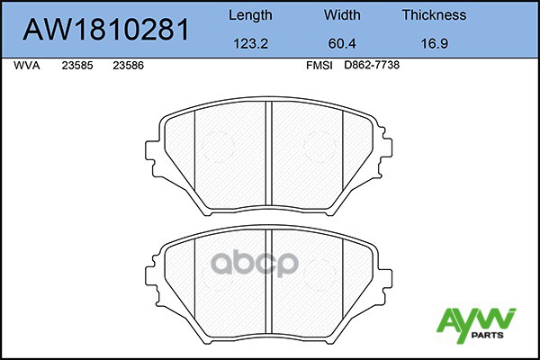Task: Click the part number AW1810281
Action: (x=106, y=30)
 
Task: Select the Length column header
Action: (x=250, y=15)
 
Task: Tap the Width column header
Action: (x=342, y=15)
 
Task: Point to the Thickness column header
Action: (x=435, y=15)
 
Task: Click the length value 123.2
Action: (x=251, y=44)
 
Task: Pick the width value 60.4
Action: (x=342, y=44)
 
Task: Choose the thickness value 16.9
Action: (x=435, y=44)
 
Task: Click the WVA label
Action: (x=27, y=66)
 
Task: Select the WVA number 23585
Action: (x=77, y=66)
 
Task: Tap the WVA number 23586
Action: (x=129, y=66)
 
